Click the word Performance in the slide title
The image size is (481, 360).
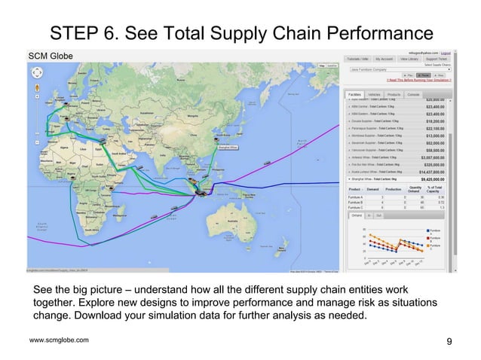click(x=360, y=33)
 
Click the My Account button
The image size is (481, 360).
click(x=386, y=59)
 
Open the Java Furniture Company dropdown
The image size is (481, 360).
click(x=398, y=69)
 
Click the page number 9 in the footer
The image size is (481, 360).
click(x=449, y=343)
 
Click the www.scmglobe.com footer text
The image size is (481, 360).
click(x=58, y=341)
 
